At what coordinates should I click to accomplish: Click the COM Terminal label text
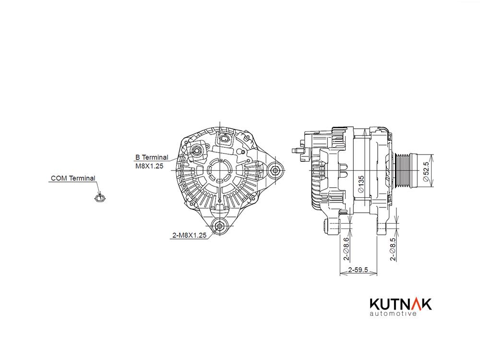coord(73,178)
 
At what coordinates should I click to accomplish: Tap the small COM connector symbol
coord(99,198)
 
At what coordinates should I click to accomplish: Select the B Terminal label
coord(152,157)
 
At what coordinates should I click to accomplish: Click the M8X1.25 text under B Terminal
coord(149,166)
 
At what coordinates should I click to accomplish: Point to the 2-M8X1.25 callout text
coord(190,235)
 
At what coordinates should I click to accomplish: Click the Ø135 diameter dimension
coord(361,184)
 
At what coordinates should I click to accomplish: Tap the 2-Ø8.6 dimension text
coord(346,249)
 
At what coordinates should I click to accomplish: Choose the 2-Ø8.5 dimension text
coord(393,250)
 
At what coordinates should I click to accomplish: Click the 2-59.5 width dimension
coord(358,270)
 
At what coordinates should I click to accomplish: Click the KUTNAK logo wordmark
coord(401,304)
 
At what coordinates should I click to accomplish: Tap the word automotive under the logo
coord(393,313)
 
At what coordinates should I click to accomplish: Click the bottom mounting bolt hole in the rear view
coord(220,226)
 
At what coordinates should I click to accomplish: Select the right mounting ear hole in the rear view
coord(275,170)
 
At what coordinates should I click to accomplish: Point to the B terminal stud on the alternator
coord(196,151)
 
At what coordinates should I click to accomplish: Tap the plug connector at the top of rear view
coord(225,139)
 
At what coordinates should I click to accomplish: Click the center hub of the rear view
coord(220,170)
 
